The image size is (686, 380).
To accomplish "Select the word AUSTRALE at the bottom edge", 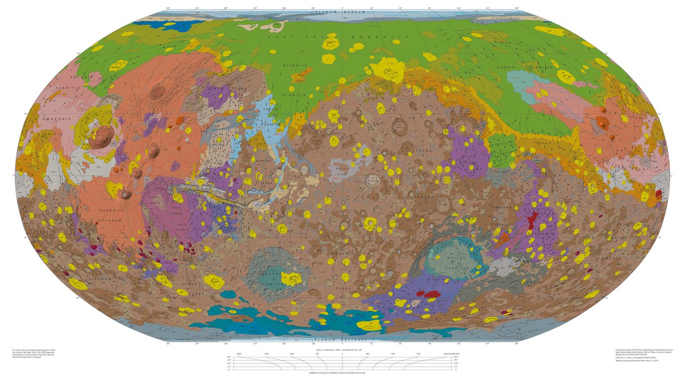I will click(x=356, y=341).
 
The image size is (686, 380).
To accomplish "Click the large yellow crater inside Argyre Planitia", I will click(x=293, y=279).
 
